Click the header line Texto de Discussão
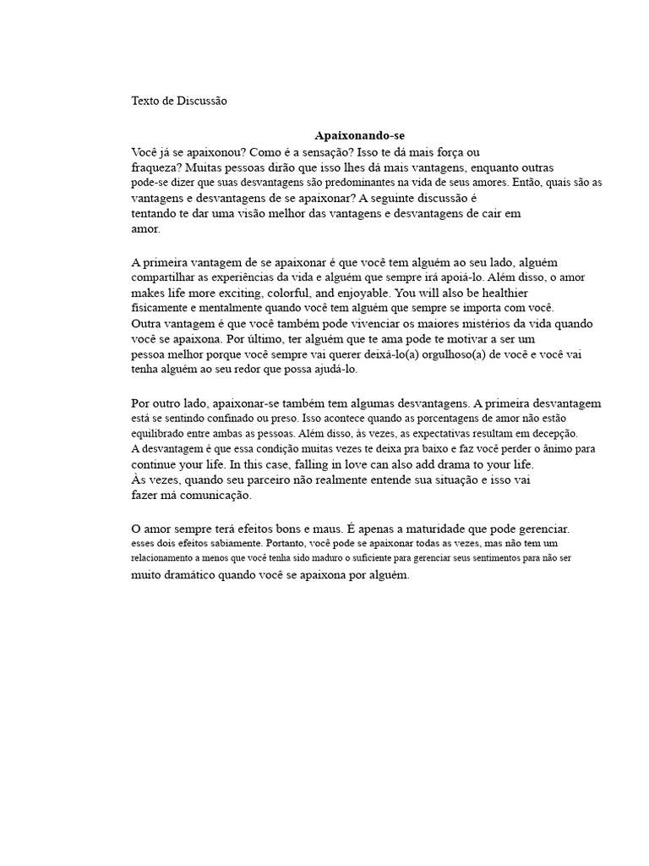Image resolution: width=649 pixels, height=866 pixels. pyautogui.click(x=179, y=101)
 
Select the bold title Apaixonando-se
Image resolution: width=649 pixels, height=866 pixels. pyautogui.click(x=354, y=135)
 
